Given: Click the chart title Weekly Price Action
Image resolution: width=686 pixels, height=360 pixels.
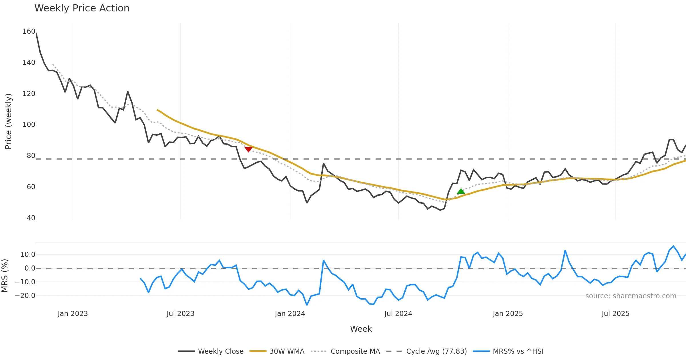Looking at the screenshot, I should [x=82, y=8].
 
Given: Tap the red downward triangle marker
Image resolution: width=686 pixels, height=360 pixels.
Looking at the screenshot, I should [x=248, y=149].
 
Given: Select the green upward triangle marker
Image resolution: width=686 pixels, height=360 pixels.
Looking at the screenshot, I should [x=461, y=191].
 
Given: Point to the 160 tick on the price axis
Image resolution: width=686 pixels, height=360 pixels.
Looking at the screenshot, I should [x=29, y=31].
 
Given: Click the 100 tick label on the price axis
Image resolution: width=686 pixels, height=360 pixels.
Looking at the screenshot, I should [x=29, y=125].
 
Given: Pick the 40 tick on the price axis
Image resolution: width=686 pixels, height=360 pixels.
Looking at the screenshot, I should [x=31, y=218].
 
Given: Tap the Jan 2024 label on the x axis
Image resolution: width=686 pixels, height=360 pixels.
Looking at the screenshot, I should [x=290, y=314].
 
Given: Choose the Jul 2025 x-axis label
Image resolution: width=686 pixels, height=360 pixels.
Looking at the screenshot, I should [x=615, y=314].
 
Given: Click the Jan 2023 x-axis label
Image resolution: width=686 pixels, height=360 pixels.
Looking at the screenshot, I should [x=73, y=314].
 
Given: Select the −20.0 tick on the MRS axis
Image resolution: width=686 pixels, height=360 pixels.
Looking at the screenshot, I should [x=25, y=296].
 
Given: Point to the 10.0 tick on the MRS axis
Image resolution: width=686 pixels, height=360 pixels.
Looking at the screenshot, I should [x=28, y=255].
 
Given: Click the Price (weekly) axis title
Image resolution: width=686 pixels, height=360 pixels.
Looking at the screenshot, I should [x=8, y=121].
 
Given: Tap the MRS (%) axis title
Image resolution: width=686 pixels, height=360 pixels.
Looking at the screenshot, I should [x=5, y=275].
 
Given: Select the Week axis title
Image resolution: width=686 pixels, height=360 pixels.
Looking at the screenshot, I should [x=361, y=329].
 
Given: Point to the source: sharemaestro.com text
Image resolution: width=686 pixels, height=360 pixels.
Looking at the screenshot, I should [x=631, y=296].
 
